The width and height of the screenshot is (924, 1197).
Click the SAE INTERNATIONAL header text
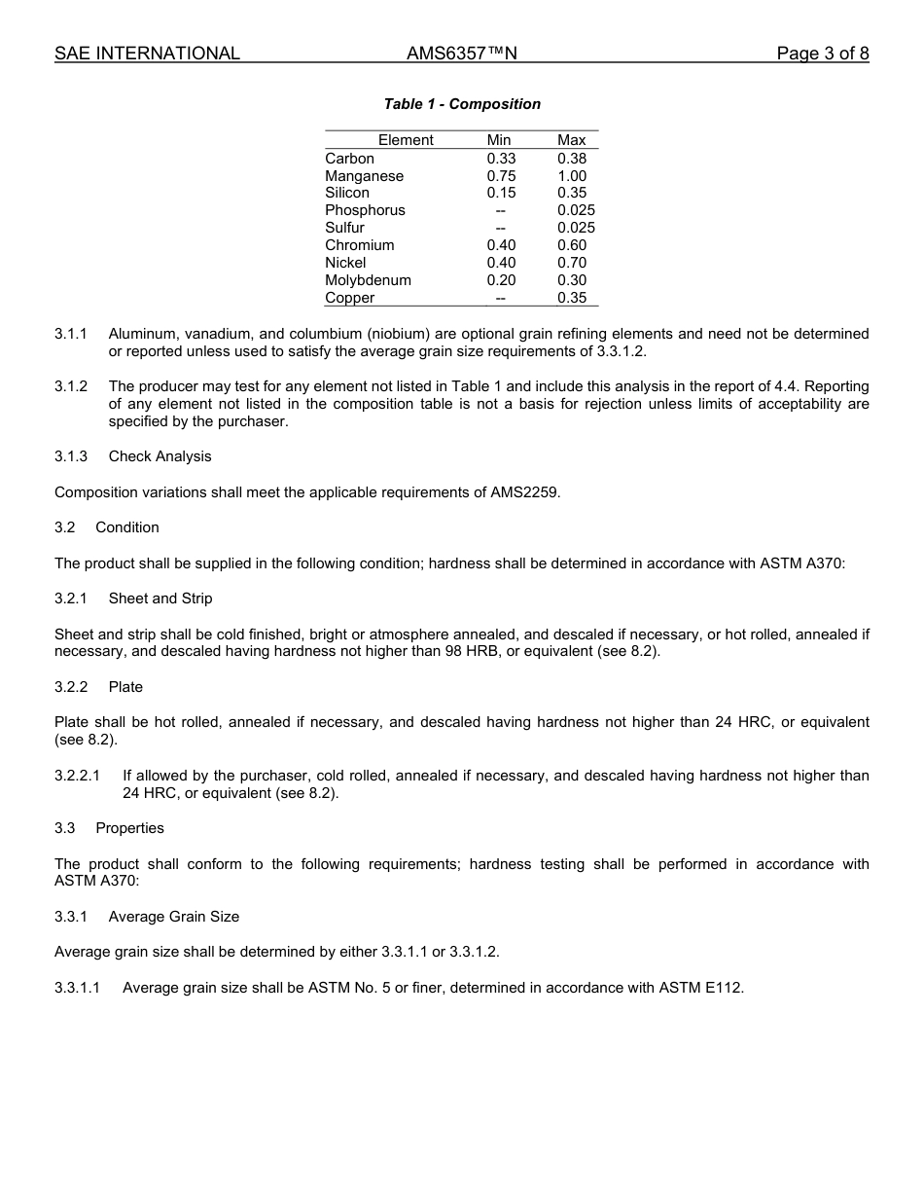[x=147, y=54]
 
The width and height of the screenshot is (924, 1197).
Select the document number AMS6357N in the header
[x=461, y=54]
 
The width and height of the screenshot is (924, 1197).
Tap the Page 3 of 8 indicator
[x=822, y=54]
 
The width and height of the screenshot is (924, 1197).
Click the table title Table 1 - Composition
[x=462, y=104]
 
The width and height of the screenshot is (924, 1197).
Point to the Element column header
[x=406, y=140]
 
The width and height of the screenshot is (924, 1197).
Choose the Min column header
[x=498, y=140]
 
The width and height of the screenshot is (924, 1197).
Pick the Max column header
[x=572, y=140]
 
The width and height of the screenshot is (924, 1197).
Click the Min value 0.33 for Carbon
[x=501, y=159]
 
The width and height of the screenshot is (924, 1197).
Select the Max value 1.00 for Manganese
[x=572, y=176]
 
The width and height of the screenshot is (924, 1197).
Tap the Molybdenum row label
[x=368, y=280]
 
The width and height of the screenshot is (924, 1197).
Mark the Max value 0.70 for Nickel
[x=572, y=263]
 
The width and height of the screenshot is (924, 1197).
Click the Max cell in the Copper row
[x=572, y=298]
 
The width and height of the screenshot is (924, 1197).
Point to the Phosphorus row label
[x=365, y=210]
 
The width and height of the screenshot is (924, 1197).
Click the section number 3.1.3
[x=71, y=456]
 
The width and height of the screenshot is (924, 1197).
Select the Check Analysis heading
[x=160, y=456]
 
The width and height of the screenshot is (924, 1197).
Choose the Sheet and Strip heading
[x=160, y=598]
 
